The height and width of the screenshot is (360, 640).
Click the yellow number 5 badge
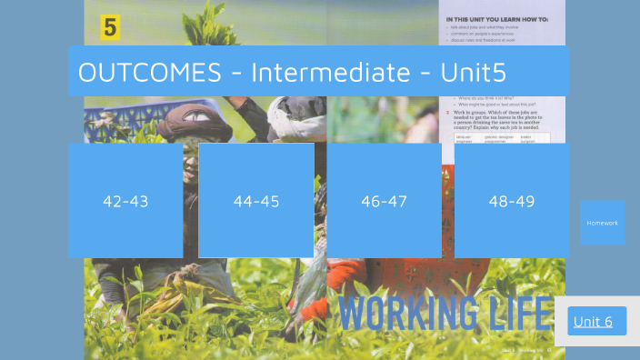click(x=110, y=27)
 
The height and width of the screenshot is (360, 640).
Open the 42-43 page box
click(x=125, y=201)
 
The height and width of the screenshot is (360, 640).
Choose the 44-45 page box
click(x=256, y=201)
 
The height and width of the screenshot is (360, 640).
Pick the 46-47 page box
click(x=384, y=201)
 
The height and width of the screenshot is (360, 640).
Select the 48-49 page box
click(x=511, y=201)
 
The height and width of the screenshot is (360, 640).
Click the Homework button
click(x=602, y=223)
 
